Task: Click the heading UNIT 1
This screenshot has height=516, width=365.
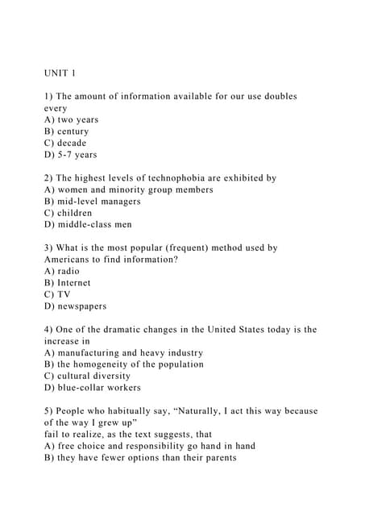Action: pos(60,73)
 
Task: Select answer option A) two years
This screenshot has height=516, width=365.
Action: pos(72,119)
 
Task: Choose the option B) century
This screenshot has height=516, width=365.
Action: pos(67,131)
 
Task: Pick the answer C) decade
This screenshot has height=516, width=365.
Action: pos(65,143)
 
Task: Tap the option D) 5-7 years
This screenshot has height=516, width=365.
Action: pos(71,155)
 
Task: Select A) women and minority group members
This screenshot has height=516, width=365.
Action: pos(129,189)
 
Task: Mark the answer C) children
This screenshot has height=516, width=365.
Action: pos(68,213)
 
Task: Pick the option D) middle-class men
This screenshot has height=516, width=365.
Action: pos(89,225)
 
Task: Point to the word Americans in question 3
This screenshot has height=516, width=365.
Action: pos(72,260)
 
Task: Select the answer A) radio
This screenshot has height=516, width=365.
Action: pos(62,272)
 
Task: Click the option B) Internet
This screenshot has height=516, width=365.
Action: pos(68,283)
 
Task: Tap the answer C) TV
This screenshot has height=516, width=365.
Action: pos(57,295)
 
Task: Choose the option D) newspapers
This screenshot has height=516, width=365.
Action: pos(76,306)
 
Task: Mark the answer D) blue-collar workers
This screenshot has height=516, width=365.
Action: pos(93,388)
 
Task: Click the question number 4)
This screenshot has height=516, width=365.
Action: pos(48,330)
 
